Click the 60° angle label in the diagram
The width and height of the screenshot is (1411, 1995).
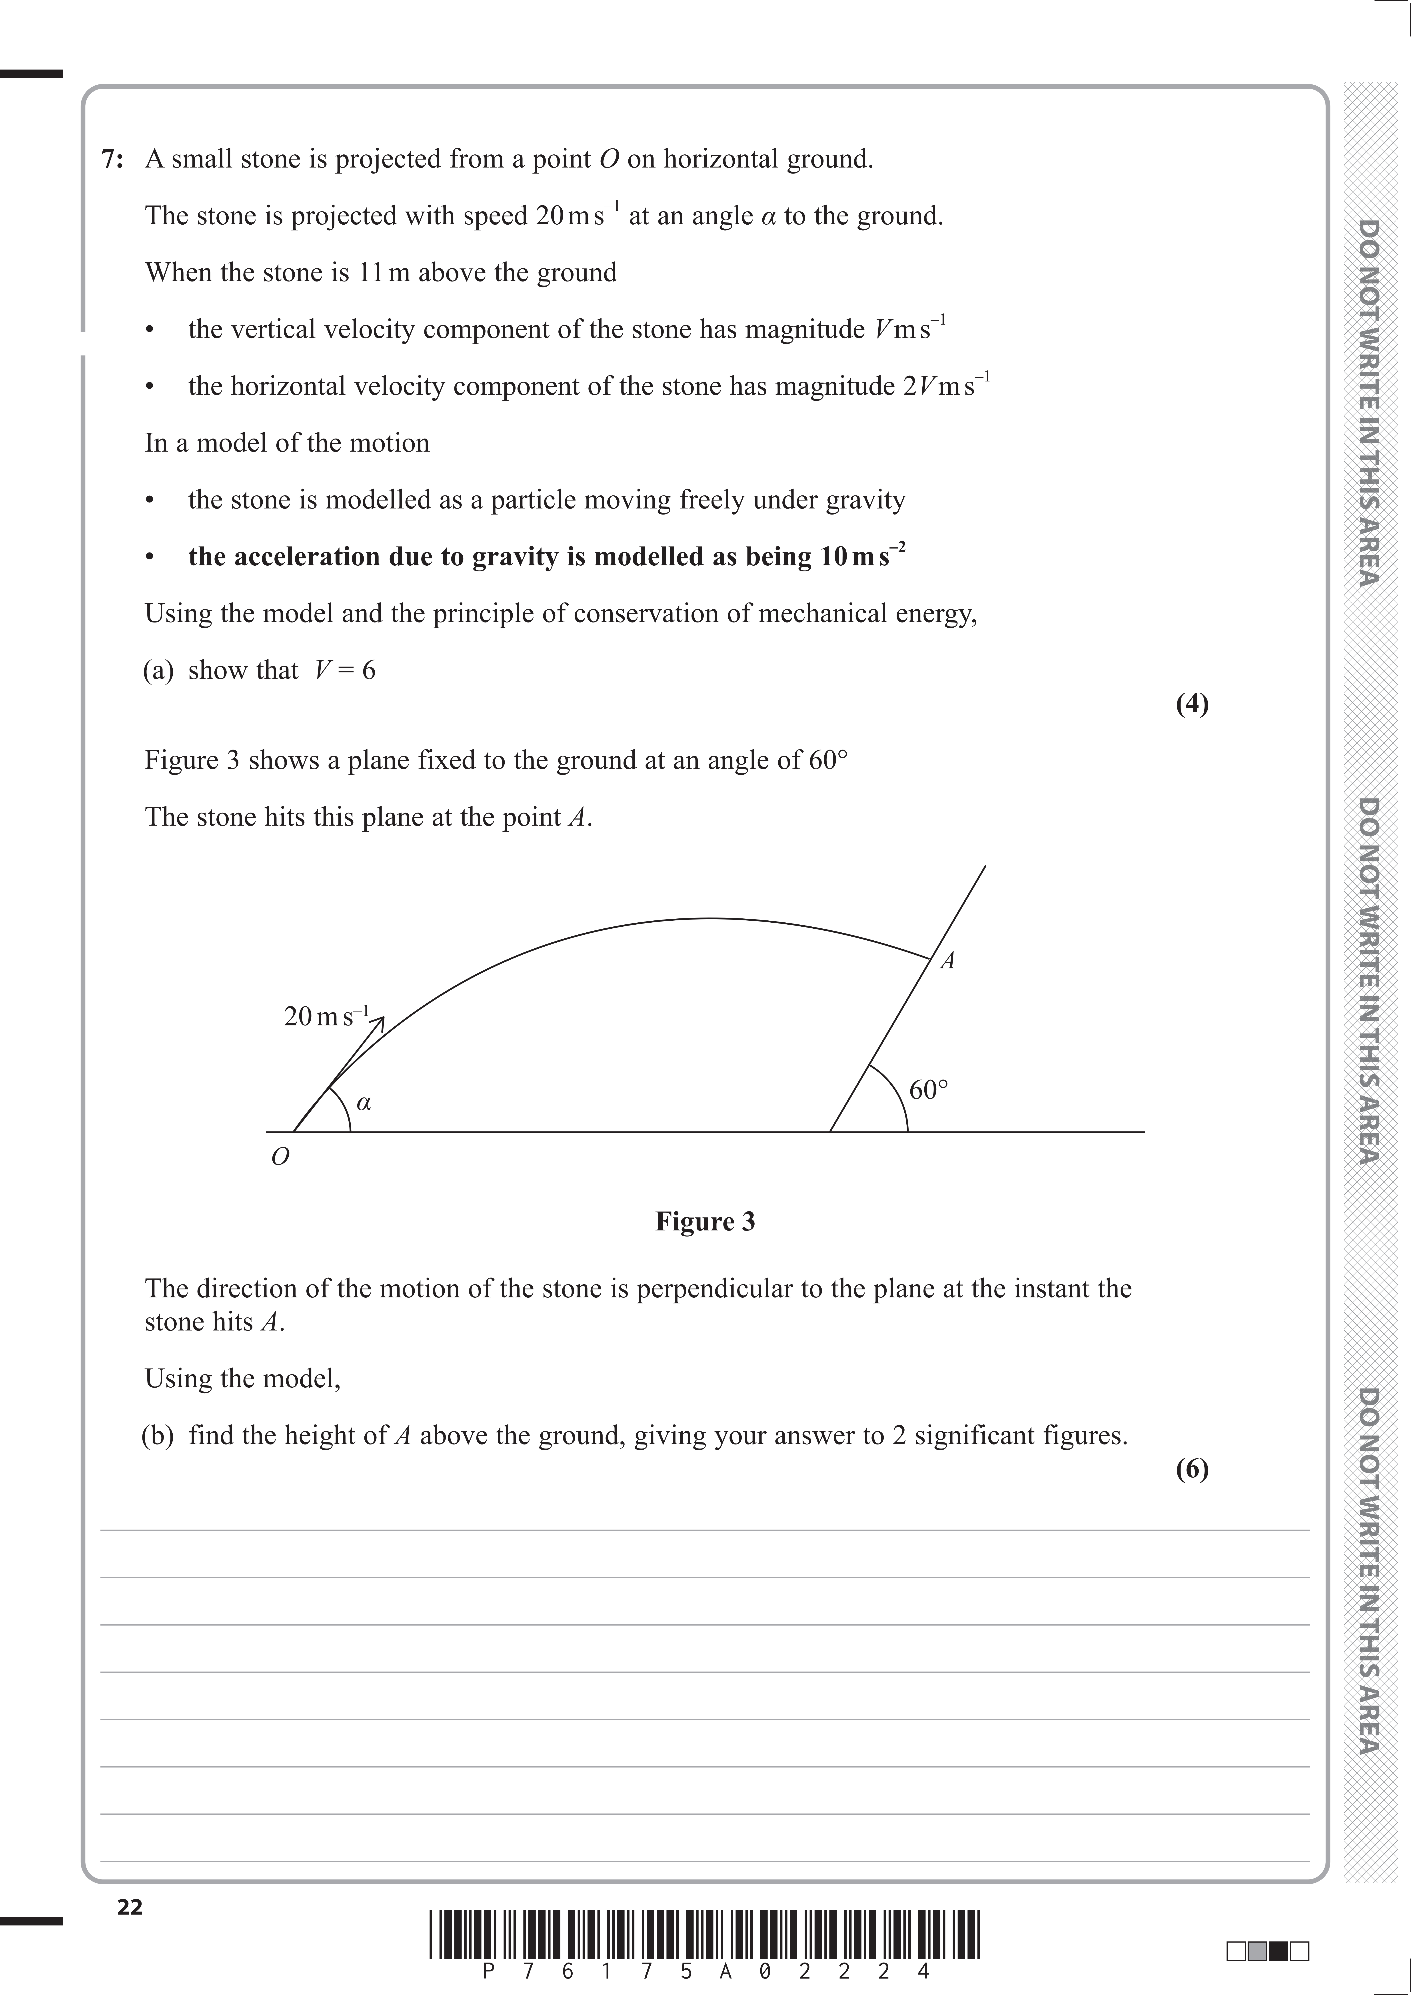pyautogui.click(x=928, y=1090)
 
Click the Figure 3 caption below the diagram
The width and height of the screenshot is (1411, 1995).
pyautogui.click(x=705, y=1222)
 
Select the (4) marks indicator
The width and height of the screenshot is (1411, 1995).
pyautogui.click(x=1192, y=704)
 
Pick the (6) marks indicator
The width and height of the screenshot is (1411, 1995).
pyautogui.click(x=1192, y=1469)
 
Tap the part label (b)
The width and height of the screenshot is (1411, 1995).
pyautogui.click(x=158, y=1435)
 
